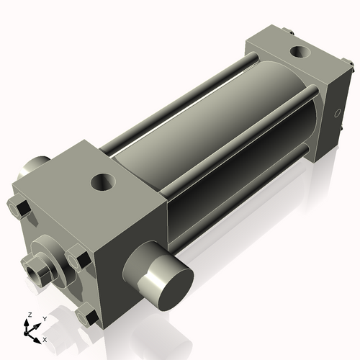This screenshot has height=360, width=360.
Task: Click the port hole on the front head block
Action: click(x=103, y=181)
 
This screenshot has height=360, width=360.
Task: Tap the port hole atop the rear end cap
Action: click(x=298, y=52)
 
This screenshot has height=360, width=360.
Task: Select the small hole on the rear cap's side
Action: click(x=337, y=113)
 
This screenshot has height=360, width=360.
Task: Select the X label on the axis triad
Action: click(x=45, y=338)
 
